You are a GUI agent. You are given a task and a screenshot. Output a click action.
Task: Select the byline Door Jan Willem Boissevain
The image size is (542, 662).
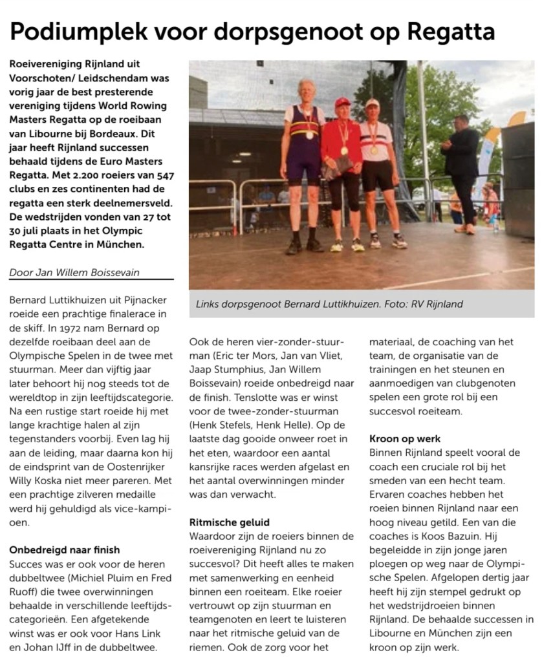click(74, 272)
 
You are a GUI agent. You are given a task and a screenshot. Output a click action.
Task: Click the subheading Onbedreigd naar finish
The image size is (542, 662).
click(64, 550)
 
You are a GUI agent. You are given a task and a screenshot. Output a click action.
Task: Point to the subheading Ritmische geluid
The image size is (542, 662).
click(230, 522)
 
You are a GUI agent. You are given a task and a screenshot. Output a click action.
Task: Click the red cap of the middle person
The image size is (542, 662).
click(342, 102)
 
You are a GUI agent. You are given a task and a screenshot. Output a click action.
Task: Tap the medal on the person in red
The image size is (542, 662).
click(344, 150)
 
